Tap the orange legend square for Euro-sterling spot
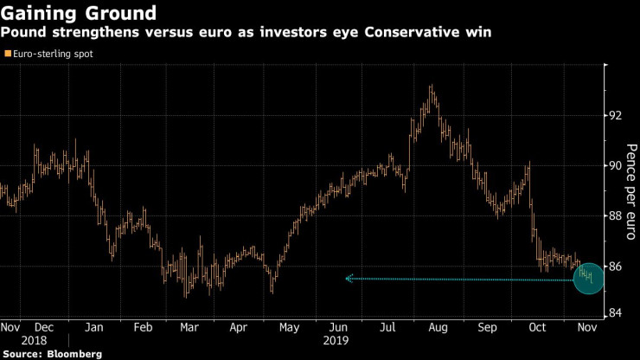pos(8,54)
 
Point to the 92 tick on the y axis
pos(614,115)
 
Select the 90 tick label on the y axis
pos(614,165)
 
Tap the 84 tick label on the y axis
pos(614,313)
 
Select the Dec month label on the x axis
pos(44,328)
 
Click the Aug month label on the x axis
pos(438,328)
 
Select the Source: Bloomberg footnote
pos(53,354)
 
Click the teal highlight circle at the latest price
pos(588,277)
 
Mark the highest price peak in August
pos(431,87)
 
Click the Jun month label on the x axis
pos(340,328)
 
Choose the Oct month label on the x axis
pos(538,328)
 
